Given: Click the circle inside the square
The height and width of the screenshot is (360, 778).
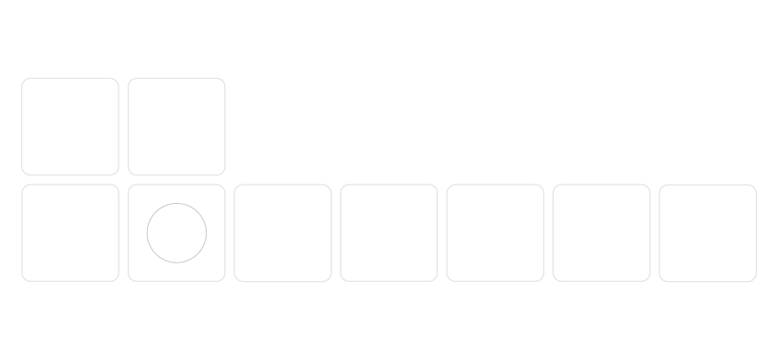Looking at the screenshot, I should (176, 233).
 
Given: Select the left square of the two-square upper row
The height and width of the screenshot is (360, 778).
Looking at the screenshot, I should (70, 127).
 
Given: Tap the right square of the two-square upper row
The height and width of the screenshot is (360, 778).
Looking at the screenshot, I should (176, 127).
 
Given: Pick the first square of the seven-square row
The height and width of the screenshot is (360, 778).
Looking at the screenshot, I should (70, 233).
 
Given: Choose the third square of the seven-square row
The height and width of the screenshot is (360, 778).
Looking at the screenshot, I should (283, 233).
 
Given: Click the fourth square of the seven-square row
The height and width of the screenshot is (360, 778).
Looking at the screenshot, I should (389, 233).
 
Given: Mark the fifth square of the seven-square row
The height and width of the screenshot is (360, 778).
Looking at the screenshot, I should (495, 233).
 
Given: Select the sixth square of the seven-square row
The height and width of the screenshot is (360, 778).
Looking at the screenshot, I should (602, 233).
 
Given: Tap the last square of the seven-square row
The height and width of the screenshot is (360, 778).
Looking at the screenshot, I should (708, 233).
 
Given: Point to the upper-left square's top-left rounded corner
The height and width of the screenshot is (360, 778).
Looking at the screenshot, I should (25, 81).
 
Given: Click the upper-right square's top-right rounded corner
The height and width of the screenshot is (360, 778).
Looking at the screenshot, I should (222, 81).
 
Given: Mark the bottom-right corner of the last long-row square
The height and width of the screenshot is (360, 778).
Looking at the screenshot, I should (753, 278).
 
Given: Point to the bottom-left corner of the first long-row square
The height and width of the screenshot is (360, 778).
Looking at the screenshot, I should (25, 278).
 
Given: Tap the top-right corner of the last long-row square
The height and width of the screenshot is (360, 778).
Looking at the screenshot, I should (753, 187).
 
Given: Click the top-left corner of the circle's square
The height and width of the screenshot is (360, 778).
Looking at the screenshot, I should (131, 187).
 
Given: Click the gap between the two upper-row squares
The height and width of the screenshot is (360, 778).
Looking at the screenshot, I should (123, 127).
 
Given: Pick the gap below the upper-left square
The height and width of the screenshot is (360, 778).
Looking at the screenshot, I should (70, 180).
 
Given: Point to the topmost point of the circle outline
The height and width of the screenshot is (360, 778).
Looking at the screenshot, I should (176, 204).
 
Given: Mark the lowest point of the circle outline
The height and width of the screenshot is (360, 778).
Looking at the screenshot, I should (176, 263).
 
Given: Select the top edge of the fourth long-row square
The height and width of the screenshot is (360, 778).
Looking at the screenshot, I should (389, 185).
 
